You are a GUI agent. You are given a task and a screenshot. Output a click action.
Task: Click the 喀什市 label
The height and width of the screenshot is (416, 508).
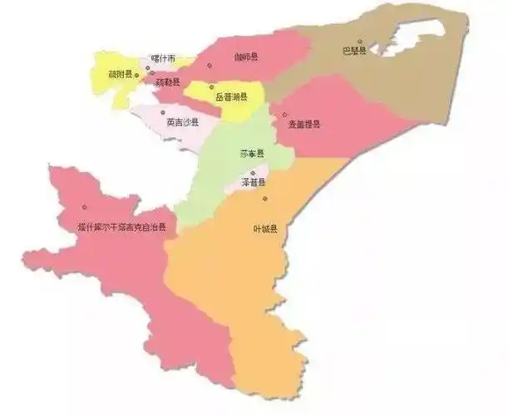point(163,59)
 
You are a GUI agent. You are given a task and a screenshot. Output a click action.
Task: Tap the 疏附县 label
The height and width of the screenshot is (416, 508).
point(121,74)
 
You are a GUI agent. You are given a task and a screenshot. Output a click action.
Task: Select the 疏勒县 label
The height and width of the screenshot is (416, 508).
point(166,82)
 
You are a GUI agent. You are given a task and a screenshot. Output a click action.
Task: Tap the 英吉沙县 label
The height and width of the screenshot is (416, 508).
point(182,122)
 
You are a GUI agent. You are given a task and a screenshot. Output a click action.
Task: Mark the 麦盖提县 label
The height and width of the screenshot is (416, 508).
point(303,124)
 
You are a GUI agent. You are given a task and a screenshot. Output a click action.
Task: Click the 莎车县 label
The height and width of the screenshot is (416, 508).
point(251,154)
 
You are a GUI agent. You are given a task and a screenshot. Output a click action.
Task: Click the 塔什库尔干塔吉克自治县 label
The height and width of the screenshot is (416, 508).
point(121,226)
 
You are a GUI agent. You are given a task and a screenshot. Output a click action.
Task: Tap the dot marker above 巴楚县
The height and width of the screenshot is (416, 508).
point(360,41)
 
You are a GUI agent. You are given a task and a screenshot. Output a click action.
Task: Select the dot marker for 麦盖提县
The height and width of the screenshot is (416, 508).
point(284,115)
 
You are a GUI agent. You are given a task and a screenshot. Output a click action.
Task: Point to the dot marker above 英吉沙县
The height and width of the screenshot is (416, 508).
point(163,111)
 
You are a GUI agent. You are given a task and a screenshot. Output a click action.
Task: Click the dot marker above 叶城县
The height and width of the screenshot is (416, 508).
point(265,198)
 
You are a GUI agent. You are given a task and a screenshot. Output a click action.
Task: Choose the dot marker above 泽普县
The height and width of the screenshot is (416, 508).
point(253,173)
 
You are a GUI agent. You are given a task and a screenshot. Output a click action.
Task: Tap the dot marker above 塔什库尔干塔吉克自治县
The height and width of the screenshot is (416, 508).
point(84,207)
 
